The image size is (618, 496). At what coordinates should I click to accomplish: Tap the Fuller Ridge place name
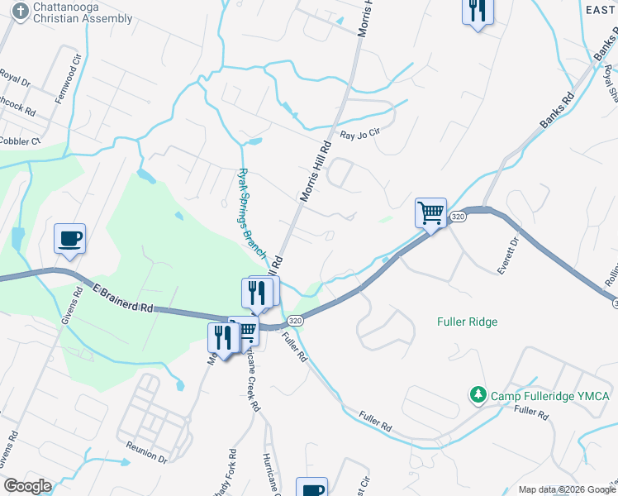click(x=467, y=322)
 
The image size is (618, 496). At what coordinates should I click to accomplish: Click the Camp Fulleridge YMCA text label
click(x=549, y=397)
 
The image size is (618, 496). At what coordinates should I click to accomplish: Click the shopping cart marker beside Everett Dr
click(x=430, y=212)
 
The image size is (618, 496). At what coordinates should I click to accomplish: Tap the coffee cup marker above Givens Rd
click(x=69, y=238)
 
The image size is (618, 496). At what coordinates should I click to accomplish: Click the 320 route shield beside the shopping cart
click(x=459, y=217)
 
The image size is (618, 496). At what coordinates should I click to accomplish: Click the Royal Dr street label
click(x=14, y=80)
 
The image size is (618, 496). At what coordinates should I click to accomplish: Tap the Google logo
click(x=26, y=486)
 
